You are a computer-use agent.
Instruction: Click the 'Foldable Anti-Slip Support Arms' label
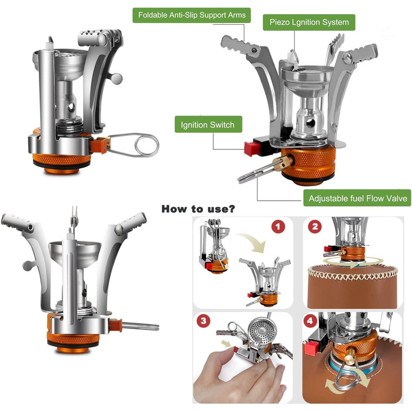tap(191, 15)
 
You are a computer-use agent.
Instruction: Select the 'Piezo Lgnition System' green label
tap(309, 22)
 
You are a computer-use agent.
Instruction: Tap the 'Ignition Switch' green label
tap(208, 125)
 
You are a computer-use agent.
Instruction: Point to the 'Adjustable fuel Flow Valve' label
tap(357, 198)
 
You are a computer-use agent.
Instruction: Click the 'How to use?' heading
tap(198, 209)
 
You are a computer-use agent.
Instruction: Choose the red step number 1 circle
tap(278, 227)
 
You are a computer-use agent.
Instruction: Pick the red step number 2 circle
tap(315, 227)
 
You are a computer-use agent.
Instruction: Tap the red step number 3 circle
tap(204, 321)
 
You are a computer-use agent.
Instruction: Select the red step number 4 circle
tap(310, 321)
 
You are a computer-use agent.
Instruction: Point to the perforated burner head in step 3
tap(261, 330)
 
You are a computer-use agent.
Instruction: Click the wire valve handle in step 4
tap(347, 376)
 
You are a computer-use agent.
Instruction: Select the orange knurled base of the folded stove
tap(62, 160)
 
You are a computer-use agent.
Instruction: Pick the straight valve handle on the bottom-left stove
tap(141, 326)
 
